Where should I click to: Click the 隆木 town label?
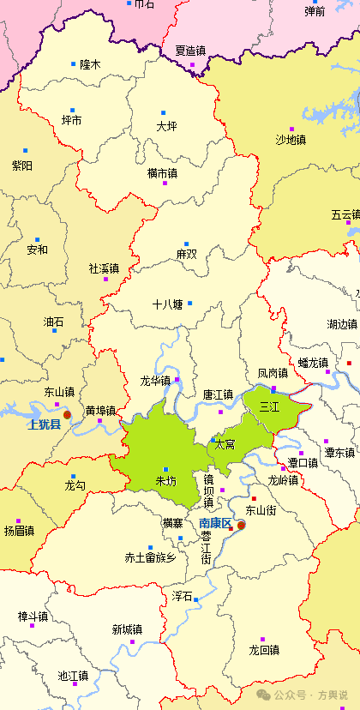click(90, 64)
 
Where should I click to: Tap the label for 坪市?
click(72, 121)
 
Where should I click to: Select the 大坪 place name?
click(166, 126)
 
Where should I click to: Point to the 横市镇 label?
click(162, 173)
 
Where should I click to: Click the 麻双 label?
click(186, 255)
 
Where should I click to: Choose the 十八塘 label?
click(167, 304)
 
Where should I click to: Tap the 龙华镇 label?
click(155, 380)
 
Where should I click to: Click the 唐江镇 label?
click(218, 394)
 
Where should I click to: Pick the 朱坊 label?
click(165, 481)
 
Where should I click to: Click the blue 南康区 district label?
click(215, 523)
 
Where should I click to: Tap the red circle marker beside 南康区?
click(241, 525)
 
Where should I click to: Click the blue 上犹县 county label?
click(44, 424)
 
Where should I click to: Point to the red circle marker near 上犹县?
click(67, 415)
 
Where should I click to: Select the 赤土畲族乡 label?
click(150, 557)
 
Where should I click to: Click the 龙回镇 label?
click(264, 650)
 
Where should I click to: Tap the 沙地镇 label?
click(291, 139)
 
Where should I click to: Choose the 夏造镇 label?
click(190, 51)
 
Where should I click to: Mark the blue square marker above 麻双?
click(186, 244)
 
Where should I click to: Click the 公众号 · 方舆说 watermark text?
click(309, 694)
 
